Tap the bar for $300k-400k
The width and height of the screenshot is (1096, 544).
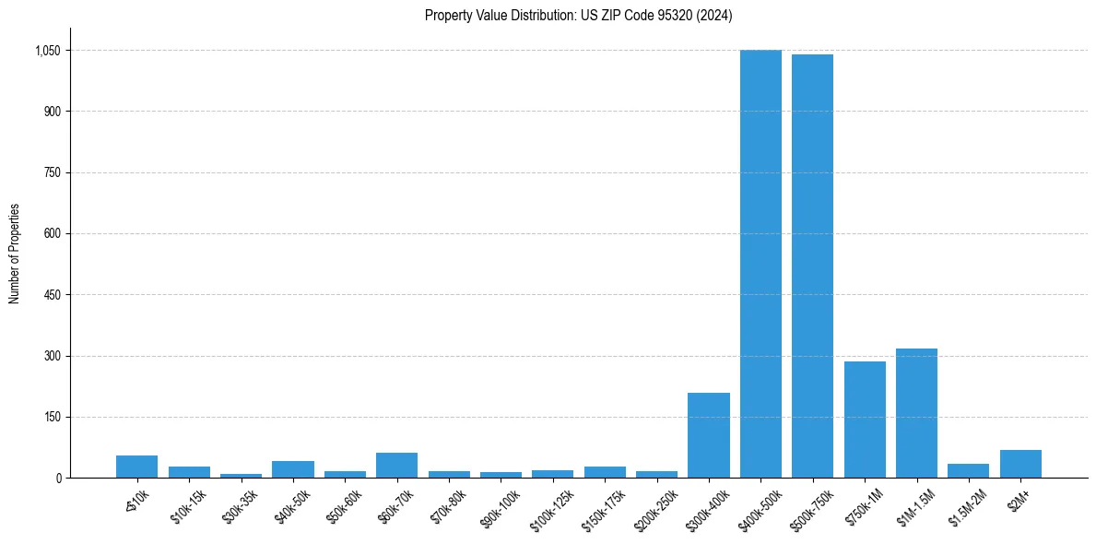tap(709, 435)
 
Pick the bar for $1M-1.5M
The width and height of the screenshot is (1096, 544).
tap(916, 413)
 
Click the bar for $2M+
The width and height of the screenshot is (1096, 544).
tap(1020, 464)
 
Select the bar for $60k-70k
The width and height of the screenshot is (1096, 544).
tap(396, 466)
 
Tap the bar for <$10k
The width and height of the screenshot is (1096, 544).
tap(137, 467)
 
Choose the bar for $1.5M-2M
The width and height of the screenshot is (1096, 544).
tap(968, 471)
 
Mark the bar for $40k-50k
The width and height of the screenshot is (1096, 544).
tap(293, 469)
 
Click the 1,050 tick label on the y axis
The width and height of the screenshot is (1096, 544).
tap(46, 51)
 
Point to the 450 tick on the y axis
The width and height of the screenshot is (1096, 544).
tap(52, 295)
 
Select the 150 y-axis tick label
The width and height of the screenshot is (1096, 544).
tap(52, 417)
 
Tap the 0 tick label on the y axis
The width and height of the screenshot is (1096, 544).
tap(58, 478)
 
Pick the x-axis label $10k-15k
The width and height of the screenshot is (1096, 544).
tap(190, 504)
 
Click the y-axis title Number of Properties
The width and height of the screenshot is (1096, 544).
tap(15, 254)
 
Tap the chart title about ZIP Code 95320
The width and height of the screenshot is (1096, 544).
tap(579, 15)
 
